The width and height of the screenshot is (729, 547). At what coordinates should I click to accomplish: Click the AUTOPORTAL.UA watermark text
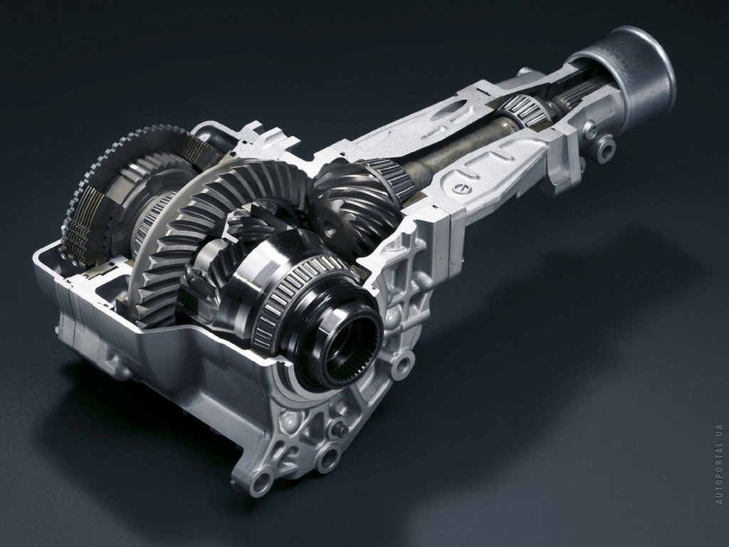(x=720, y=464)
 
